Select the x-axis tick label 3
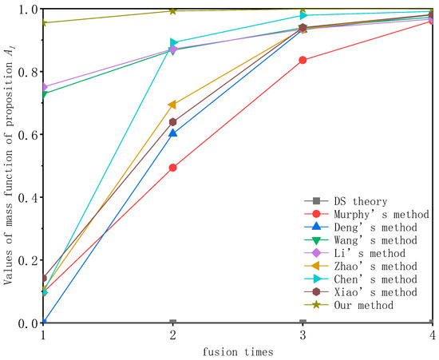click(x=303, y=336)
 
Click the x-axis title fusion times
click(x=237, y=351)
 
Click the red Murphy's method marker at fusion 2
click(x=173, y=168)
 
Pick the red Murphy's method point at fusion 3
click(x=303, y=60)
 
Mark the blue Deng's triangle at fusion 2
click(x=173, y=133)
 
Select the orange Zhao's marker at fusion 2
click(x=173, y=105)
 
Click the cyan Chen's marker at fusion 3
click(x=303, y=15)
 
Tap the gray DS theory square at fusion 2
click(x=173, y=322)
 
